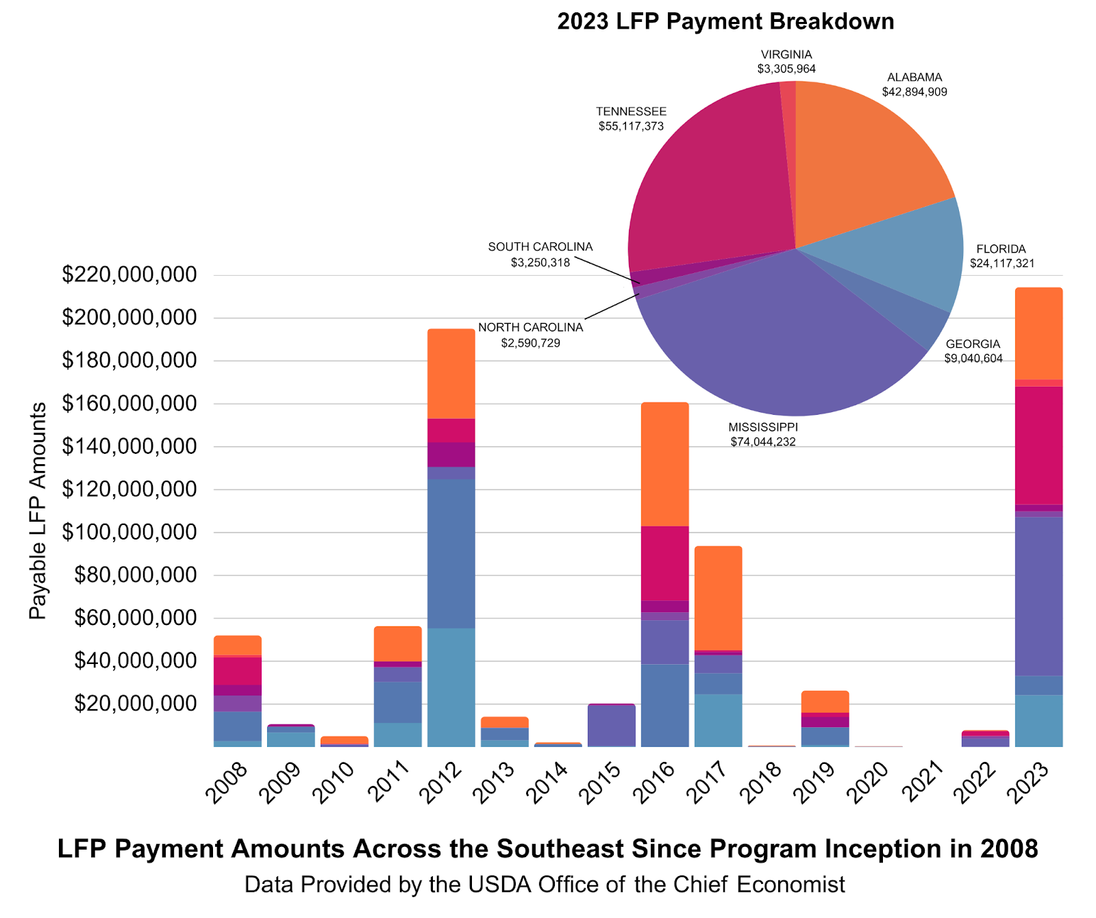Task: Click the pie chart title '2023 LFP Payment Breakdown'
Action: [x=725, y=21]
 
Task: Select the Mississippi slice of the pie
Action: [x=774, y=342]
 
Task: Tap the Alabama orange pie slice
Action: [x=863, y=157]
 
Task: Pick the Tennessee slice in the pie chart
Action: [x=712, y=178]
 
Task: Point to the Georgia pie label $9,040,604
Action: [x=973, y=359]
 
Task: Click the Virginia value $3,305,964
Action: [x=786, y=69]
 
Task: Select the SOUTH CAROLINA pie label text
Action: [x=540, y=246]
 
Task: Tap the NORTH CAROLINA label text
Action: [x=531, y=327]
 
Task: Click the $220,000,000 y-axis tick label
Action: [x=129, y=275]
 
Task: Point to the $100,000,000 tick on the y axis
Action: [x=129, y=532]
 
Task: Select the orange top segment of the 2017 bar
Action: [x=718, y=598]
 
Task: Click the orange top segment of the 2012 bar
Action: [x=451, y=374]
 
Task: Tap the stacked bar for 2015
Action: [x=611, y=725]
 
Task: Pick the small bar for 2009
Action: [x=291, y=737]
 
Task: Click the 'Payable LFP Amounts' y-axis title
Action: [x=38, y=511]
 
